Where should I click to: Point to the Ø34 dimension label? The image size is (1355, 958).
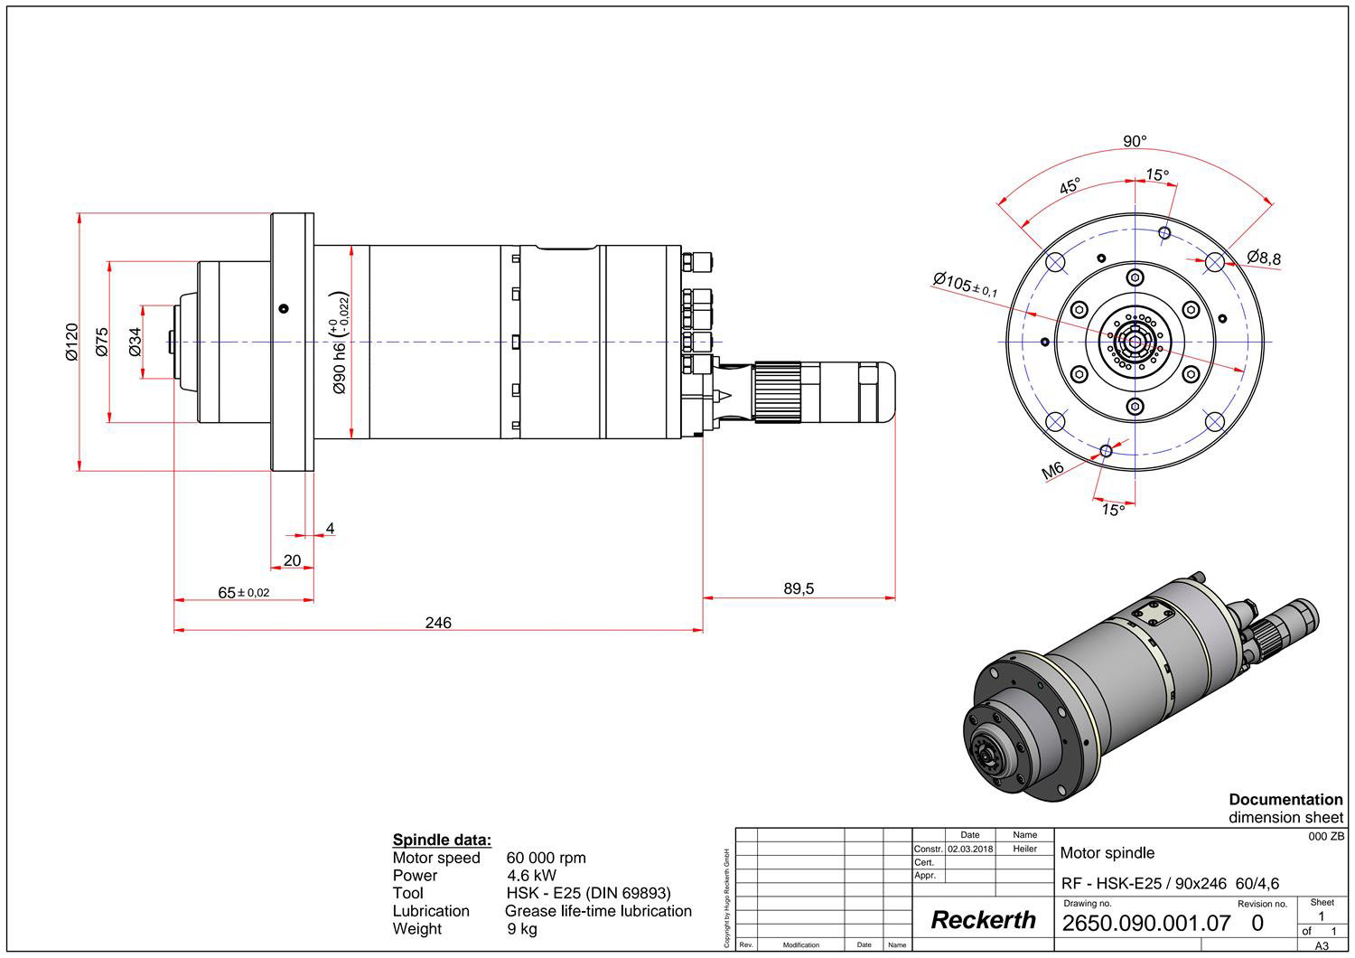[135, 342]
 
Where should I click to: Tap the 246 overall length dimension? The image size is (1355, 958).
[438, 623]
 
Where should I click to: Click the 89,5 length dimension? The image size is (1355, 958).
[799, 589]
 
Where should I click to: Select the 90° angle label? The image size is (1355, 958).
[1135, 142]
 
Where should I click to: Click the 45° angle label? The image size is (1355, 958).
[1070, 187]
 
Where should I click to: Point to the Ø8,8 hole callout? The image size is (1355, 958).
[1264, 258]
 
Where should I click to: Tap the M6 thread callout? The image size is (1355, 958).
[1053, 471]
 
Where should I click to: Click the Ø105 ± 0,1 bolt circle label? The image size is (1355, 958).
[966, 284]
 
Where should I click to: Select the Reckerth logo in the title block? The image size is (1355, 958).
[983, 920]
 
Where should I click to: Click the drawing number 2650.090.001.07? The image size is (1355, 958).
[1146, 923]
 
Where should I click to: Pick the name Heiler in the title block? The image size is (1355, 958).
[1024, 850]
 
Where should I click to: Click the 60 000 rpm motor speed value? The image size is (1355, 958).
[546, 858]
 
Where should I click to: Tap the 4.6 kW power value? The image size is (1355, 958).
[531, 876]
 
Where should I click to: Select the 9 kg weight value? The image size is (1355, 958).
[522, 929]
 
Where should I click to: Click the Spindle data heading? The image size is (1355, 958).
[442, 840]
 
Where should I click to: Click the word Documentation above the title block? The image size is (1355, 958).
[1285, 800]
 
